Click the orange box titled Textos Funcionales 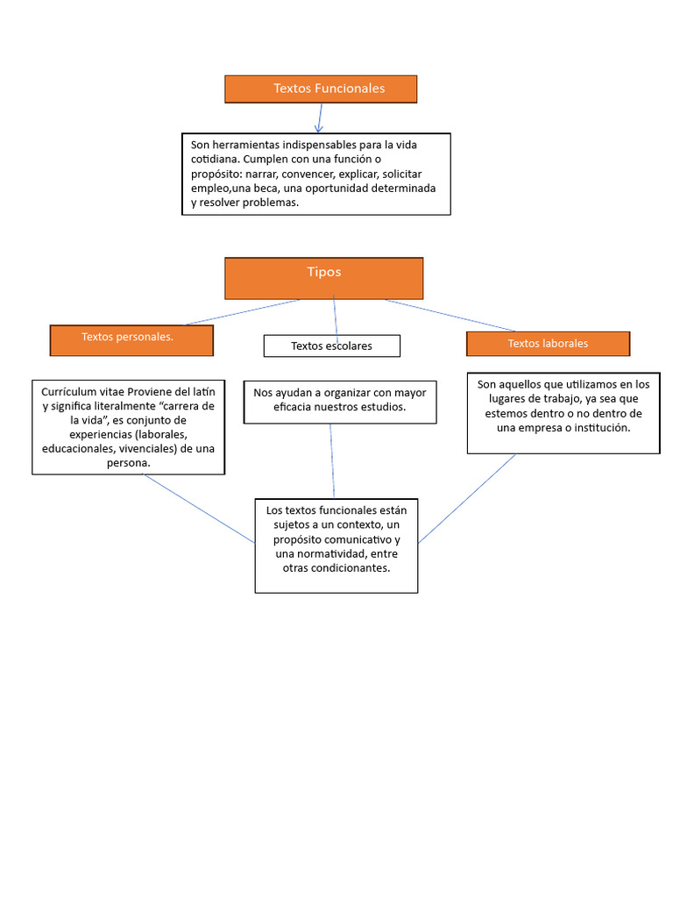pos(321,89)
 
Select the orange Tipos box pos(324,277)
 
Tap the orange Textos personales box pos(131,339)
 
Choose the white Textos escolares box pos(331,346)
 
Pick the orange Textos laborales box pos(548,343)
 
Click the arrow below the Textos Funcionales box pos(319,118)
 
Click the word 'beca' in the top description pos(267,188)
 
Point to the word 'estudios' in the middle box pos(382,407)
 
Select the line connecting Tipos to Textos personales pos(241,312)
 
